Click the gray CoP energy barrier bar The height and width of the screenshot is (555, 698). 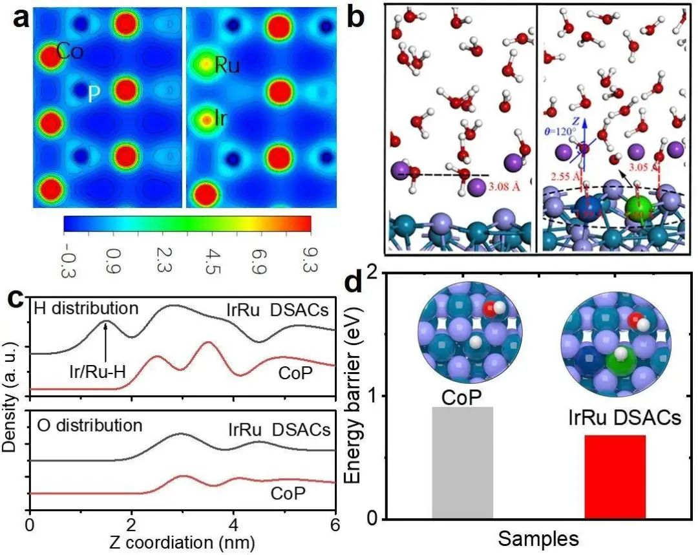[x=462, y=462]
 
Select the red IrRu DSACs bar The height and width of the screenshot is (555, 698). [x=615, y=476]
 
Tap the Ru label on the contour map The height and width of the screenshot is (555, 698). [x=227, y=65]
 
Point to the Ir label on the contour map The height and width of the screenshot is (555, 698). [x=223, y=120]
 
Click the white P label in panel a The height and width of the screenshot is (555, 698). [x=94, y=95]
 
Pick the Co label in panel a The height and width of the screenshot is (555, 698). [x=70, y=52]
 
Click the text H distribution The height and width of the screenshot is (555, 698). [x=86, y=308]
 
